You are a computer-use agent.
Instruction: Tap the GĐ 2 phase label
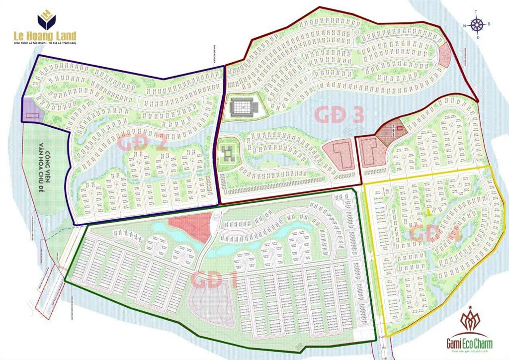142,144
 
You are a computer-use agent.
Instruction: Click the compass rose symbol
478,24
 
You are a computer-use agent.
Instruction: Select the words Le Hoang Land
45,36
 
